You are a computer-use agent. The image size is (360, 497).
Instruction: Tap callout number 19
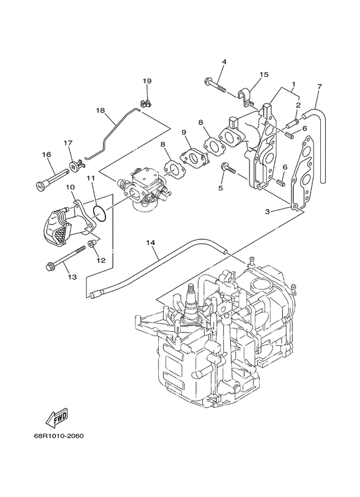pyautogui.click(x=147, y=81)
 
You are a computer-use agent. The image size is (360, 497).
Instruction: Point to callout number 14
pyautogui.click(x=150, y=242)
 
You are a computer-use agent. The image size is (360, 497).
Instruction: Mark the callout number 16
pyautogui.click(x=46, y=154)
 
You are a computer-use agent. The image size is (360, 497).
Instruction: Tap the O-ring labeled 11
pyautogui.click(x=99, y=212)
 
